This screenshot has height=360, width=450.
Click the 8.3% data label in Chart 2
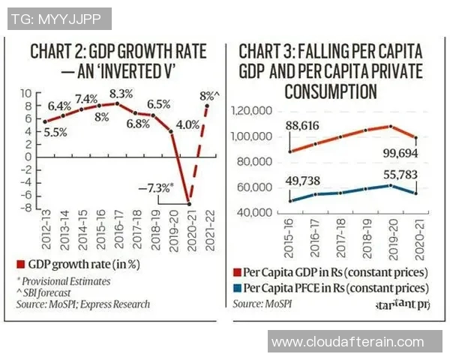[121, 94]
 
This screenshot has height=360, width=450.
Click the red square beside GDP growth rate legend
[22, 263]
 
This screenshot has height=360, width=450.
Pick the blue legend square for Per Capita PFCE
[238, 287]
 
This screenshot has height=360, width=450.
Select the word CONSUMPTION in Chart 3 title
[331, 92]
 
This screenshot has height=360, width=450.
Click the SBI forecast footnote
[46, 292]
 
